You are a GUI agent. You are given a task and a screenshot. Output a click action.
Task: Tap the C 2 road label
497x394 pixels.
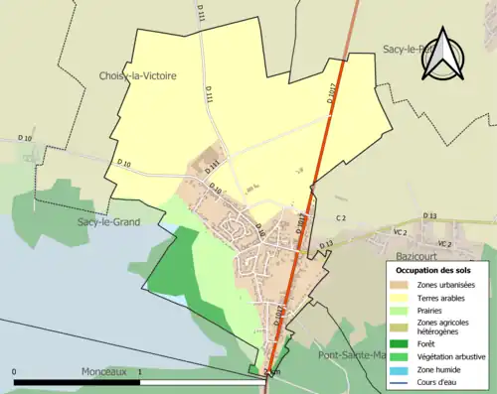340,217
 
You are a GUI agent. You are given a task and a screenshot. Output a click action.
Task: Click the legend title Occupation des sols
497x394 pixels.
433,270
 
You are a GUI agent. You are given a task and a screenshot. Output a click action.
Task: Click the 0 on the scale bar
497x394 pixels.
15,372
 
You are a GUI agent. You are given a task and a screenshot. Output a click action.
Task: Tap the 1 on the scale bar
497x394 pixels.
140,372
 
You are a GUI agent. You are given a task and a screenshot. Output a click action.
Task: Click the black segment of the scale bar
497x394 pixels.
79,381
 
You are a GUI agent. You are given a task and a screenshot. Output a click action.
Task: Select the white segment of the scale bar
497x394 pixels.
203,381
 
